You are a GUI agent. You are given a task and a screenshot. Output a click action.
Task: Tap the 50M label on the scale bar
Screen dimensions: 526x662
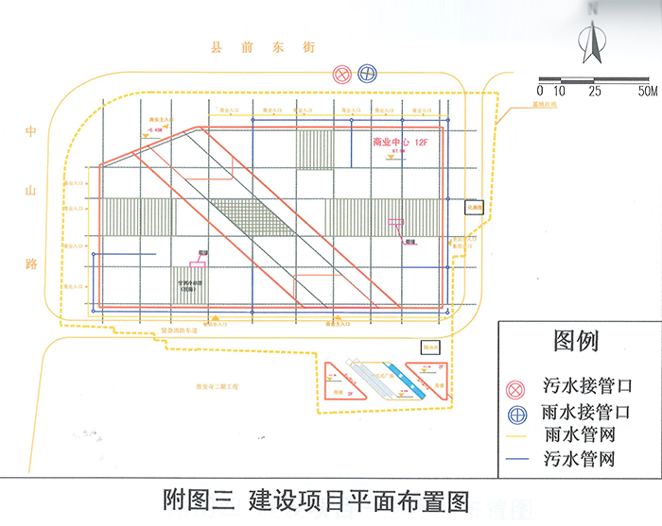click(x=647, y=92)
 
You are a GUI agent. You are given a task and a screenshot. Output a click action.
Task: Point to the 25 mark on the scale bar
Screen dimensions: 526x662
click(x=594, y=92)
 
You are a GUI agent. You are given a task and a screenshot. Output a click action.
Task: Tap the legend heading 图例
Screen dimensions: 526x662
click(x=576, y=340)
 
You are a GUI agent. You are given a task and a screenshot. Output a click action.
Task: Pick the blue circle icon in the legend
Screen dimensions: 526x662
click(x=516, y=413)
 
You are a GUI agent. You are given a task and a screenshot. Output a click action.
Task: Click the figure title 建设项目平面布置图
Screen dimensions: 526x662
click(x=358, y=500)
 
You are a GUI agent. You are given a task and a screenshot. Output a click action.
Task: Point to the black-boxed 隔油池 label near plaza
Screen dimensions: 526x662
click(x=431, y=348)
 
